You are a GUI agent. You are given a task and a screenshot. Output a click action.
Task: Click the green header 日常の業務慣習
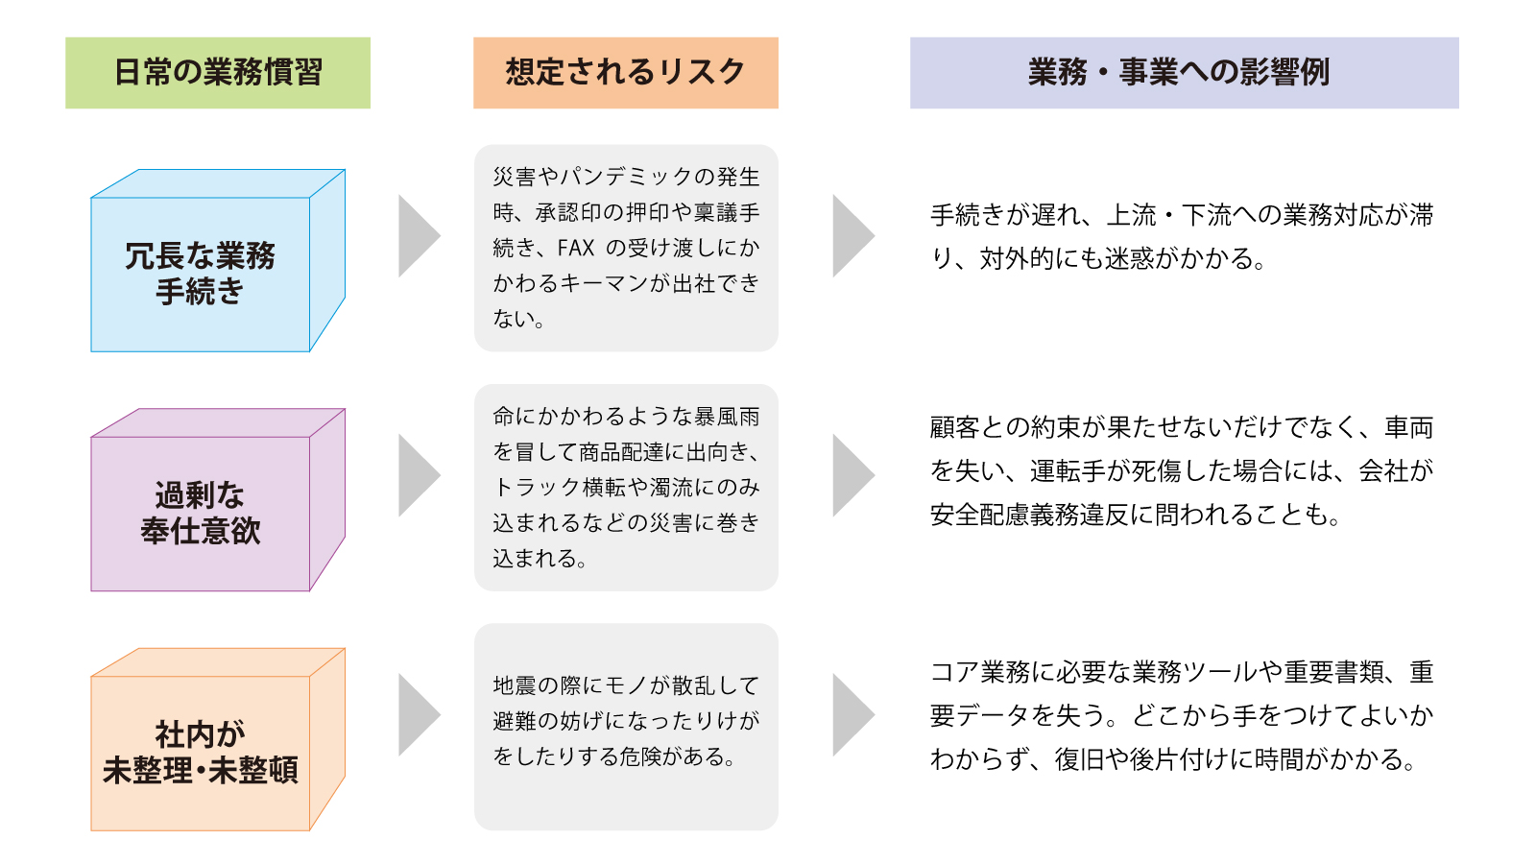tap(218, 73)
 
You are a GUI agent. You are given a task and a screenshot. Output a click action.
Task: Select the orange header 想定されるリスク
tap(625, 73)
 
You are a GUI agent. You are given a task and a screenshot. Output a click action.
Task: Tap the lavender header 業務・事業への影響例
tap(1184, 73)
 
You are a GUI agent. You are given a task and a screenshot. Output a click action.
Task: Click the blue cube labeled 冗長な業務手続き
tap(201, 274)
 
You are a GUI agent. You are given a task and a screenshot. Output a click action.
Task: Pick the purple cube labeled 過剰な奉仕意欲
tap(201, 513)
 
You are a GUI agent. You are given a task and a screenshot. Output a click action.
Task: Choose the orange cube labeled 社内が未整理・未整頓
tap(201, 752)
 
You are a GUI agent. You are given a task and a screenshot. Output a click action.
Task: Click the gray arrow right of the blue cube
tap(417, 236)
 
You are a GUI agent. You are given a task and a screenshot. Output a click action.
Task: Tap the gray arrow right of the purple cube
tap(417, 475)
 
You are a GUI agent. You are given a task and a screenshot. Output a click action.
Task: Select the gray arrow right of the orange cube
tap(417, 714)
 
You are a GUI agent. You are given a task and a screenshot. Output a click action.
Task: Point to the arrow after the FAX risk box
tap(851, 236)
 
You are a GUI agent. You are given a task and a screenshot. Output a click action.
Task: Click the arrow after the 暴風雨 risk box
tap(851, 475)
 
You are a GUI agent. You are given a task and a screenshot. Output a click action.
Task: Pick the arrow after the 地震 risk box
tap(851, 714)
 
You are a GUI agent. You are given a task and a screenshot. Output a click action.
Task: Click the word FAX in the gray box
tap(576, 248)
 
